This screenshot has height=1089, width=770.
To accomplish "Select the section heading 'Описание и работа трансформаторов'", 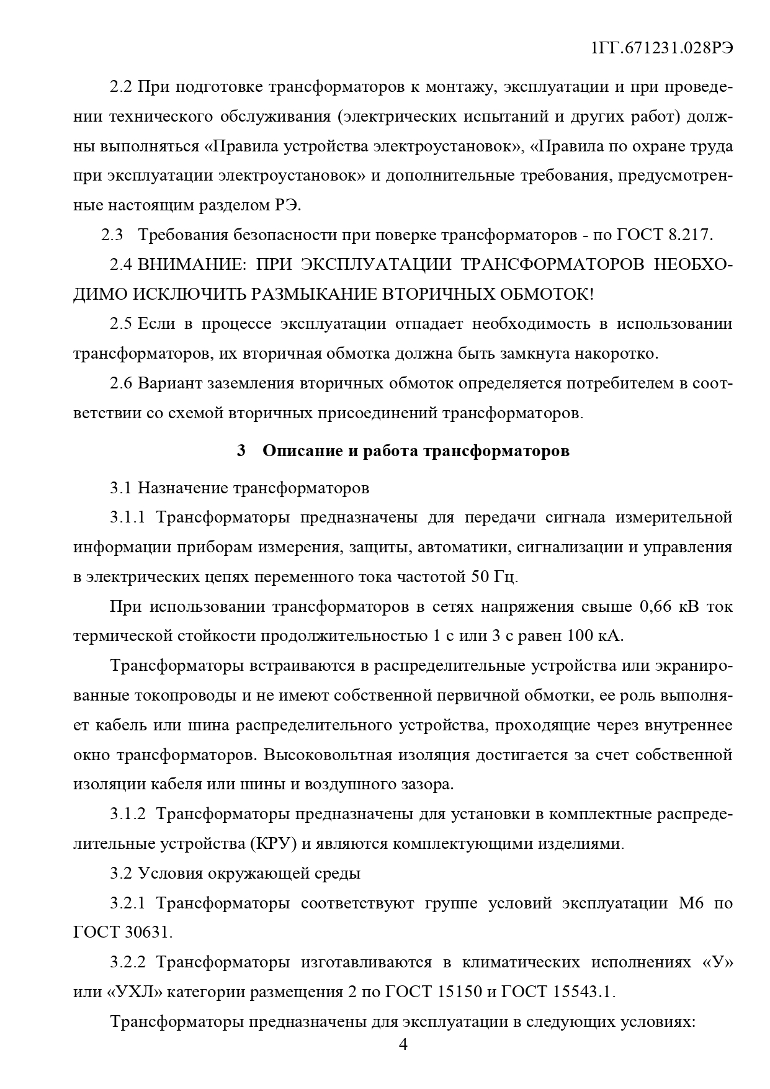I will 416,451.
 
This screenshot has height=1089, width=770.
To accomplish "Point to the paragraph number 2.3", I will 112,235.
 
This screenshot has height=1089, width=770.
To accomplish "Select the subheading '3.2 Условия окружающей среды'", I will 235,873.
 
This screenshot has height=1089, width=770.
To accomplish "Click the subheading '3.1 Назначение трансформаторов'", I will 240,488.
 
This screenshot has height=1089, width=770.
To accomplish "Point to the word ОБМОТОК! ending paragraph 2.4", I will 546,294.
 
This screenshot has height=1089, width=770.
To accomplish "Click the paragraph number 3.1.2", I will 128,813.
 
